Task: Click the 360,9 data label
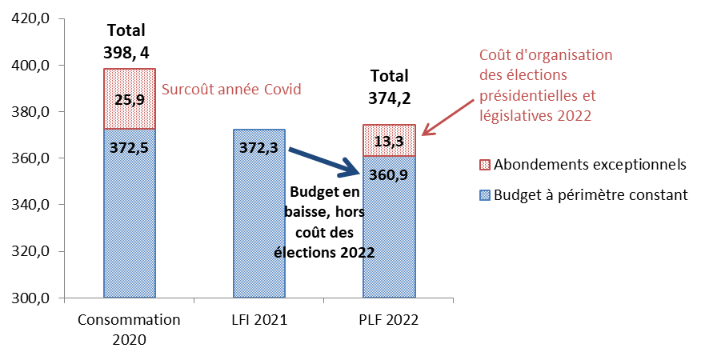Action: point(389,175)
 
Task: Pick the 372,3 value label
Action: point(259,148)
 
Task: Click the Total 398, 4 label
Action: point(126,42)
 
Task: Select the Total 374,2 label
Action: point(388,87)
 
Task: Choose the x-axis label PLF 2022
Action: point(388,320)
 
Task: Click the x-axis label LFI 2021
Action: point(258,320)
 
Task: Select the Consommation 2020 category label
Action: point(129,329)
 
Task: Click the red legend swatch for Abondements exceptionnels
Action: point(484,165)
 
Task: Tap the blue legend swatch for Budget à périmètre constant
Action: point(484,194)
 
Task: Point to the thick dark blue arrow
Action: point(324,160)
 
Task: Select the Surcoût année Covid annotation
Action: point(231,89)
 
